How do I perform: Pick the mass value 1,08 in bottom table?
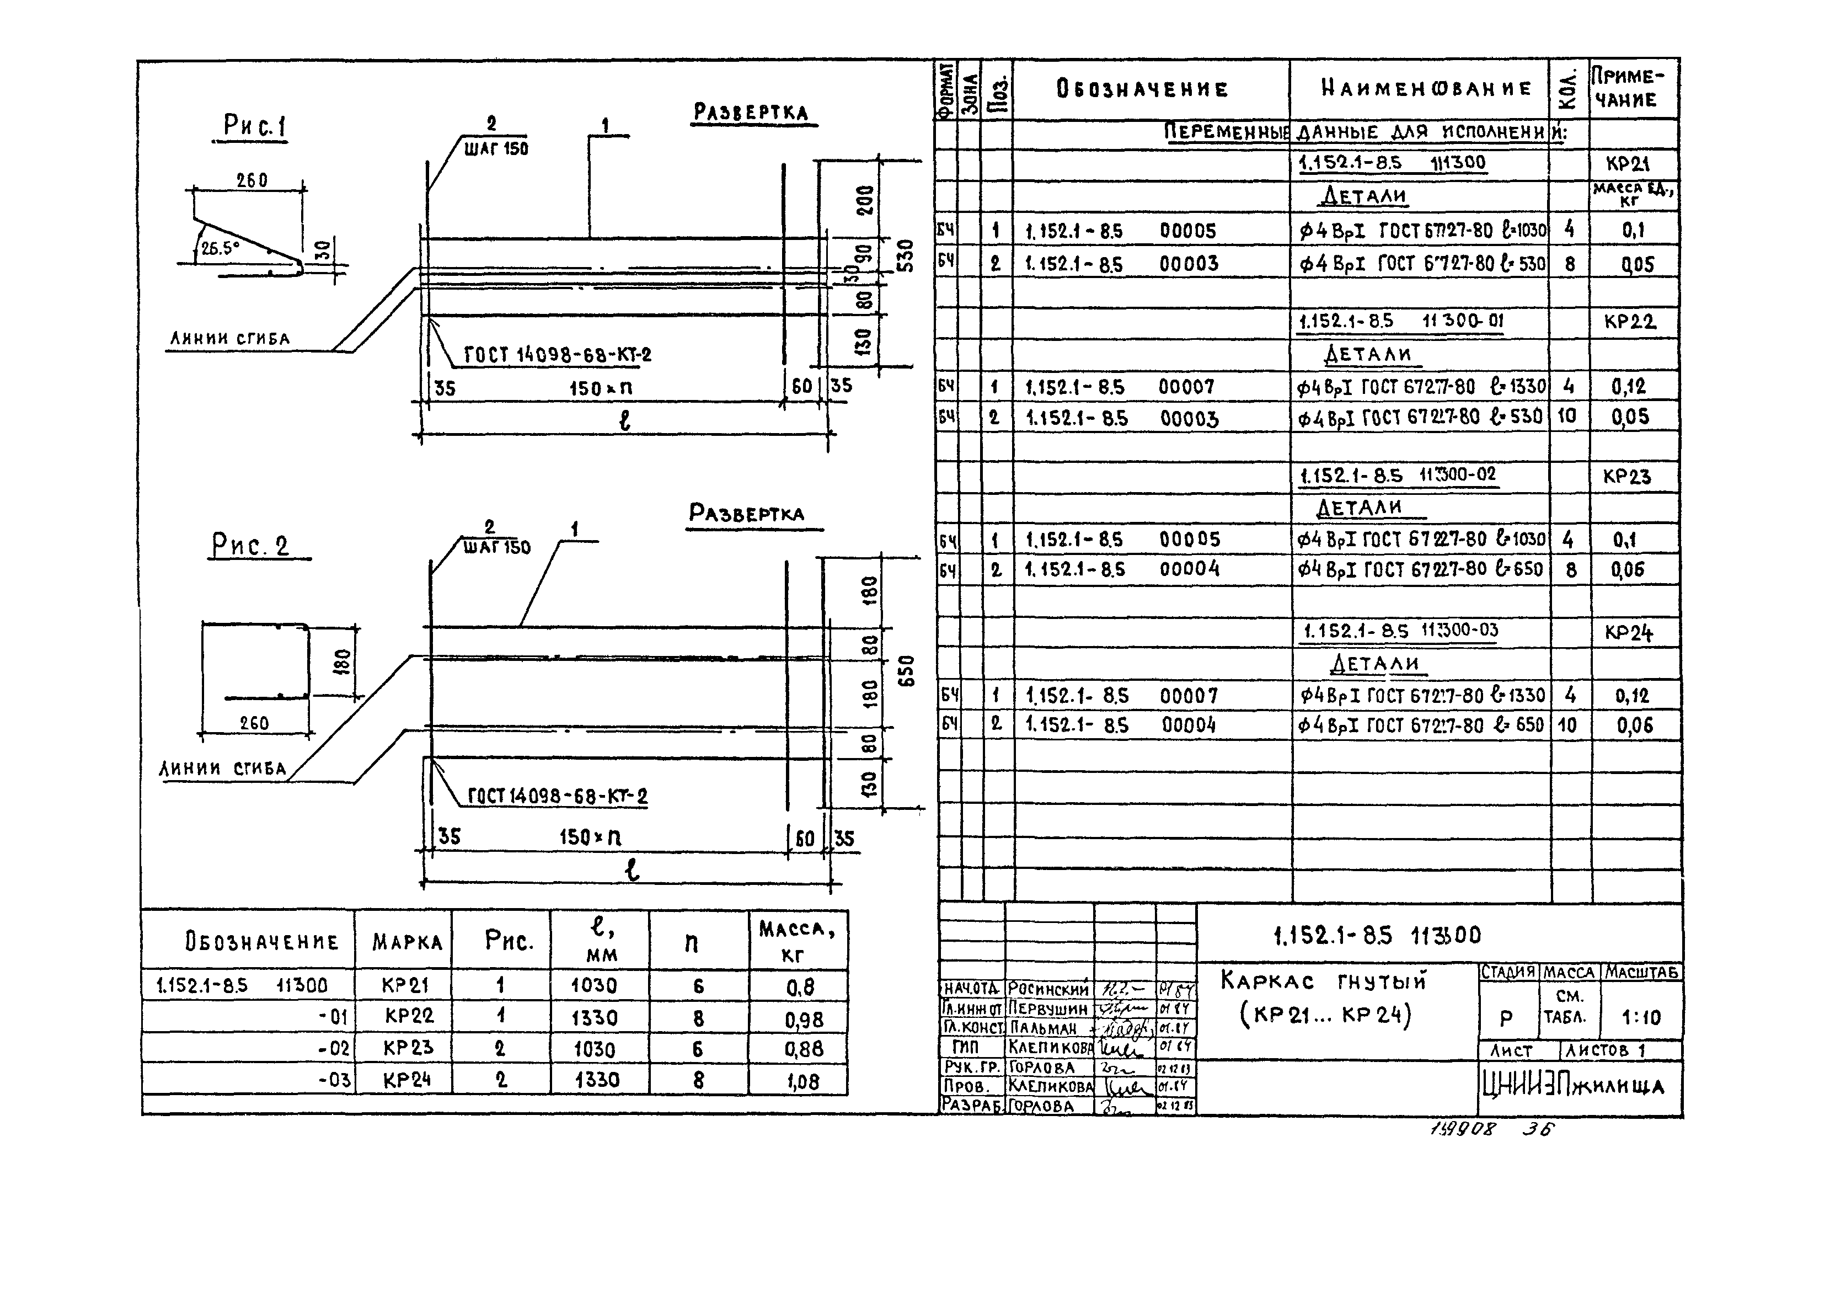pos(802,1081)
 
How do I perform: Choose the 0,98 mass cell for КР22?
pos(802,1019)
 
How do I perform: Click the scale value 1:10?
pos(1641,1018)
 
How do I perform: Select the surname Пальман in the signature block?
pos(1043,1028)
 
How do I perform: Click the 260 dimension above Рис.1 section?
pos(251,181)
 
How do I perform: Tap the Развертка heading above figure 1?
pos(750,112)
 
